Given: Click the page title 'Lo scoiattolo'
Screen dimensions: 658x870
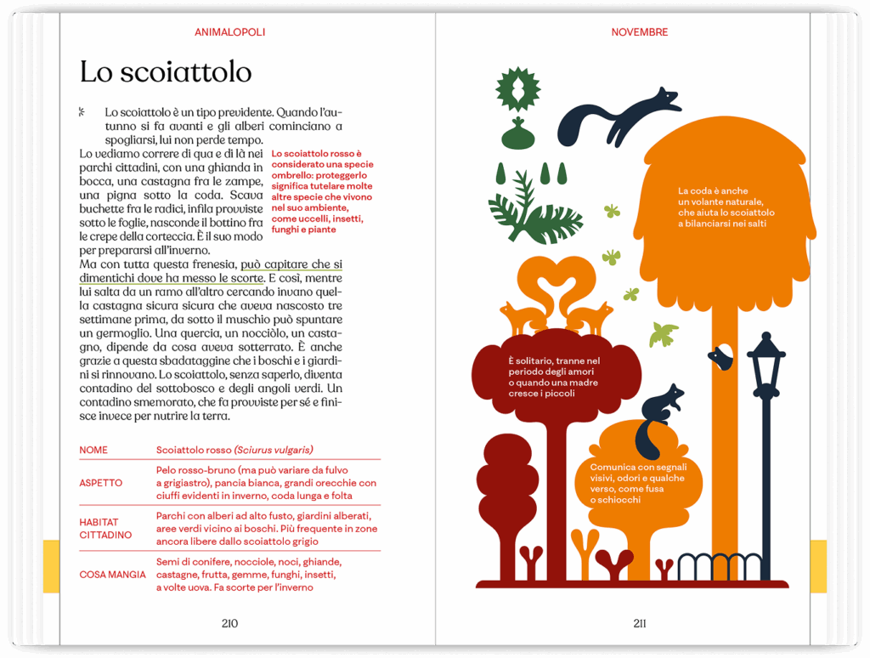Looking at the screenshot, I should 165,72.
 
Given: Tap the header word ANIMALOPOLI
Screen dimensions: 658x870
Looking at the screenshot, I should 229,32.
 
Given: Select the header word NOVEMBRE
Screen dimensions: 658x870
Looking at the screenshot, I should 639,32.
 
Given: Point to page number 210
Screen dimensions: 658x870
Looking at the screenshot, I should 229,623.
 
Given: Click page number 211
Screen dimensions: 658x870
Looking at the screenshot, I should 639,623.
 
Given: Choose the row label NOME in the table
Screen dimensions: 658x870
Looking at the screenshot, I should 93,450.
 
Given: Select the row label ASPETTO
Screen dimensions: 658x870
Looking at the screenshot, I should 100,483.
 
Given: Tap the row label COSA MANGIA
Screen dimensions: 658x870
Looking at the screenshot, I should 112,575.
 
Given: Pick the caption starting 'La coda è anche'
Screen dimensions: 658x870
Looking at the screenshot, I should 726,207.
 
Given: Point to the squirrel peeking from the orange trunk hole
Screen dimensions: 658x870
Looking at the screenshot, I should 720,357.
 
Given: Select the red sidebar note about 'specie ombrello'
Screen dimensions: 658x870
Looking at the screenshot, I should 322,191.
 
